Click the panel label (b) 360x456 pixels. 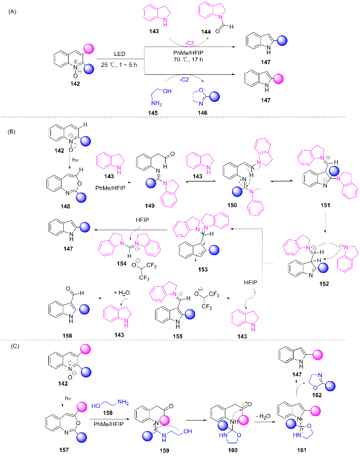[11, 132]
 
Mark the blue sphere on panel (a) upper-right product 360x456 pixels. [281, 40]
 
